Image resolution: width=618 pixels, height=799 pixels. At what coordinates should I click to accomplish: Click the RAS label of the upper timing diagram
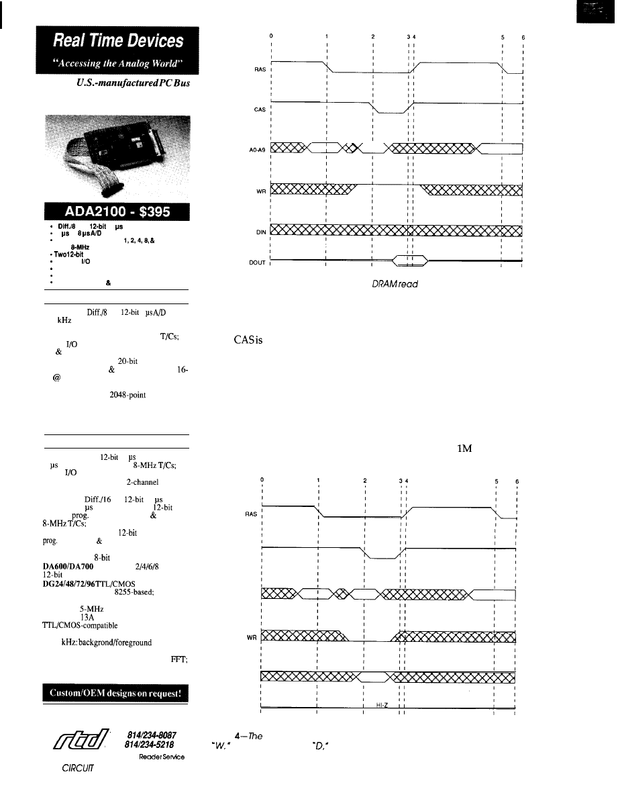[261, 69]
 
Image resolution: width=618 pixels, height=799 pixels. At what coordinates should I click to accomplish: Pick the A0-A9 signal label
[259, 150]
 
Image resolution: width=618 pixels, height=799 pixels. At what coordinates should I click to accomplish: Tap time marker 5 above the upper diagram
[503, 38]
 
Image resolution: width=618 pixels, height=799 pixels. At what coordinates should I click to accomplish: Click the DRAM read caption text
[396, 284]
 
